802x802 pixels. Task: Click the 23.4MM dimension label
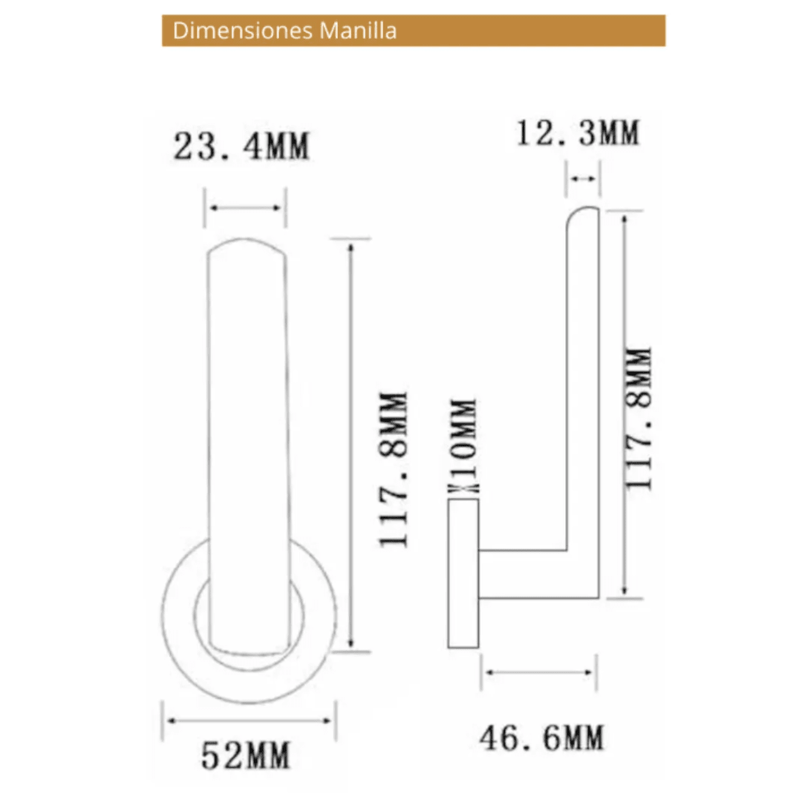(x=241, y=146)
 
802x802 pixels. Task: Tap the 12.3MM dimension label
(x=577, y=134)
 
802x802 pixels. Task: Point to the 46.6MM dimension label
(x=541, y=738)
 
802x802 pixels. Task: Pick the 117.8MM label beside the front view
(x=394, y=469)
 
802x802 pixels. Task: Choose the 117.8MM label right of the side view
(x=639, y=417)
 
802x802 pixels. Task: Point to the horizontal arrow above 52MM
(x=249, y=720)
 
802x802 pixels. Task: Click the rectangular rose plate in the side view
(x=464, y=573)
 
